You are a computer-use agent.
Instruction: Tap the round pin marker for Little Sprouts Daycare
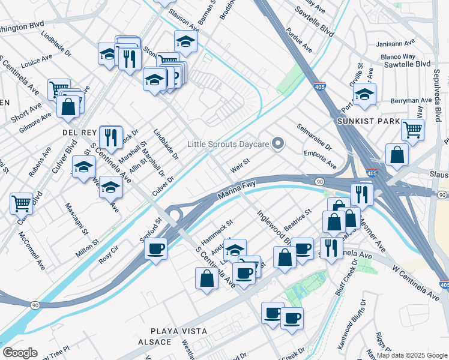(x=277, y=143)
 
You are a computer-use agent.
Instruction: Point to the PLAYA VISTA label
(x=179, y=331)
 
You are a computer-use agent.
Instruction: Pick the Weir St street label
(x=240, y=164)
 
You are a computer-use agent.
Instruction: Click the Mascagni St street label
(x=77, y=220)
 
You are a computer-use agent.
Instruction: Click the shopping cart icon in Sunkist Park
(x=412, y=128)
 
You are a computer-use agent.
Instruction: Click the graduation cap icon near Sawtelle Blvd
(x=364, y=94)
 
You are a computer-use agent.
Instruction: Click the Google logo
(x=20, y=353)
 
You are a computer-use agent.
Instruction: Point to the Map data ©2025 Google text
(x=411, y=355)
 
